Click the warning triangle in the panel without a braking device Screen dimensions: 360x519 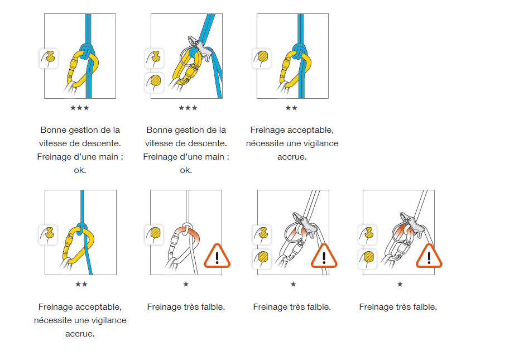point(217,256)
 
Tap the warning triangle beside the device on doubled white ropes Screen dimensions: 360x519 point(323,256)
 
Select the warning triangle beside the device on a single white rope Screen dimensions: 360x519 point(429,256)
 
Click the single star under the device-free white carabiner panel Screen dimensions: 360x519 point(186,284)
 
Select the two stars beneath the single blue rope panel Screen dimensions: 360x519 point(81,284)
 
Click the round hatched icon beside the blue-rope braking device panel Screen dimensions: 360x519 point(155,82)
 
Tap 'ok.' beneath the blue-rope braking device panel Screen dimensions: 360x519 point(186,170)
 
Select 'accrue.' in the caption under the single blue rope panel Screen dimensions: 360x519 point(80,334)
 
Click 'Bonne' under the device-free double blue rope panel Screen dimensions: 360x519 point(52,130)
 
